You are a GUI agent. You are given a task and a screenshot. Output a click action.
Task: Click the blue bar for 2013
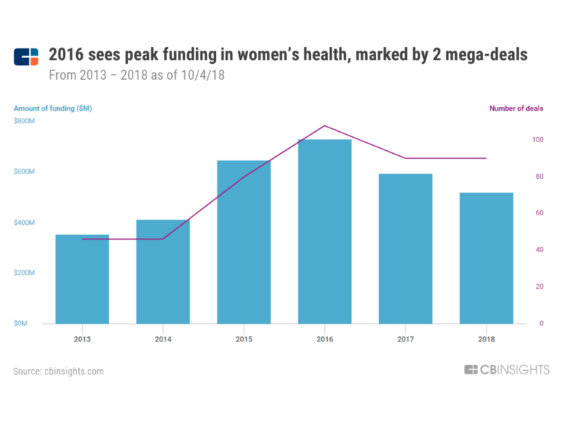pos(82,279)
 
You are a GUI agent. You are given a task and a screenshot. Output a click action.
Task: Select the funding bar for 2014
pos(162,272)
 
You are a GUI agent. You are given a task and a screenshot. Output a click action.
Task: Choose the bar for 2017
pos(405,248)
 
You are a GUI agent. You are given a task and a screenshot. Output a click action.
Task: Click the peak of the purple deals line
pos(324,126)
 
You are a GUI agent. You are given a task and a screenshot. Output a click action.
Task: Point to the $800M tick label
pos(24,121)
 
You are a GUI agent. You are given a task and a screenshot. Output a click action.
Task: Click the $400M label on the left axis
pos(24,222)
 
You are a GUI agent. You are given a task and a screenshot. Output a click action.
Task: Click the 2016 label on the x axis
pos(324,340)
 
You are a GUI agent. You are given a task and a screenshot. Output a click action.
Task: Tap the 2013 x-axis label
pos(82,340)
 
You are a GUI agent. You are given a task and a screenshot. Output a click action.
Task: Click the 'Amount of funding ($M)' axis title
pos(53,108)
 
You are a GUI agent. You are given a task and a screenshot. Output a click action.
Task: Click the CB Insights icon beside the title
pos(26,56)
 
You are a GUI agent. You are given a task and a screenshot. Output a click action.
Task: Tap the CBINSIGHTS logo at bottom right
pos(506,370)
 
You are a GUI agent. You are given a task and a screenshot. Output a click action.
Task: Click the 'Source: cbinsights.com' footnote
pos(59,371)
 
